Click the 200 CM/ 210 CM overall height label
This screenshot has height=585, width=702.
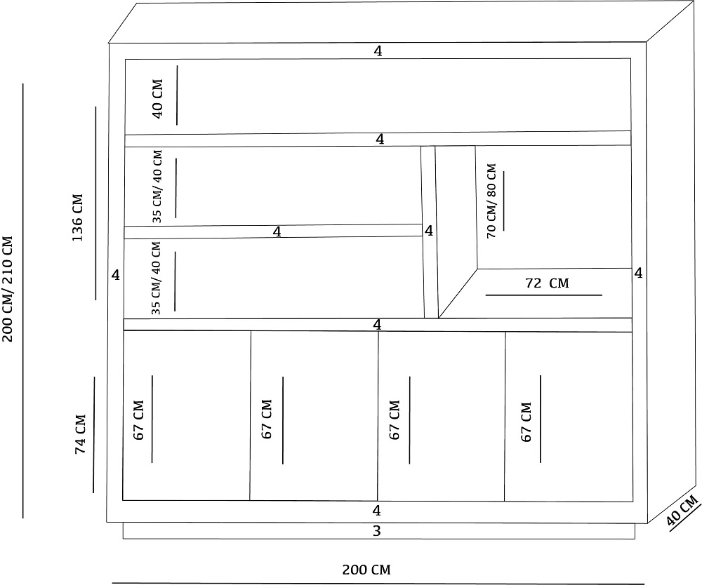pos(8,289)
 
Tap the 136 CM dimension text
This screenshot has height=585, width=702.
pos(77,217)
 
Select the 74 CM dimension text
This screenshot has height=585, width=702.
pos(80,434)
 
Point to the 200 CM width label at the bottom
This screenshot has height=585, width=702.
pos(366,570)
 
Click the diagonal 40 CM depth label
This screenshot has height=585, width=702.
pos(682,511)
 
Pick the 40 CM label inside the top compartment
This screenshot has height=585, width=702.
pos(157,99)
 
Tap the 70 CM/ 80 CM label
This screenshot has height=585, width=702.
pos(491,201)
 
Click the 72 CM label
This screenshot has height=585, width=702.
pos(547,283)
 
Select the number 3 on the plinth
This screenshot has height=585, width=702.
pos(376,531)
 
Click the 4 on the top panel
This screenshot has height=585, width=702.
pos(378,51)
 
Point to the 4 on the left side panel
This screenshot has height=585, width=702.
pos(116,275)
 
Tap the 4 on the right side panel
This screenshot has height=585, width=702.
pos(638,273)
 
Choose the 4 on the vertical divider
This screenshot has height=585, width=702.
pos(429,231)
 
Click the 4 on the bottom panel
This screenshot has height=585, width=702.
pos(376,511)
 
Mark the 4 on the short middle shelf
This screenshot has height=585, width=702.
pos(277,231)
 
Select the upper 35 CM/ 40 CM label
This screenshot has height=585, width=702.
pos(157,187)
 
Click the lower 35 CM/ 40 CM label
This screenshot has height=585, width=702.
pos(156,278)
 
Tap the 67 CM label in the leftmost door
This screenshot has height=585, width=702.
pos(138,420)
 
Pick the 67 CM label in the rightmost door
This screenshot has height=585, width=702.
pos(526,422)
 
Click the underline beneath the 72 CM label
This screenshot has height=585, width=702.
pos(544,295)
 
